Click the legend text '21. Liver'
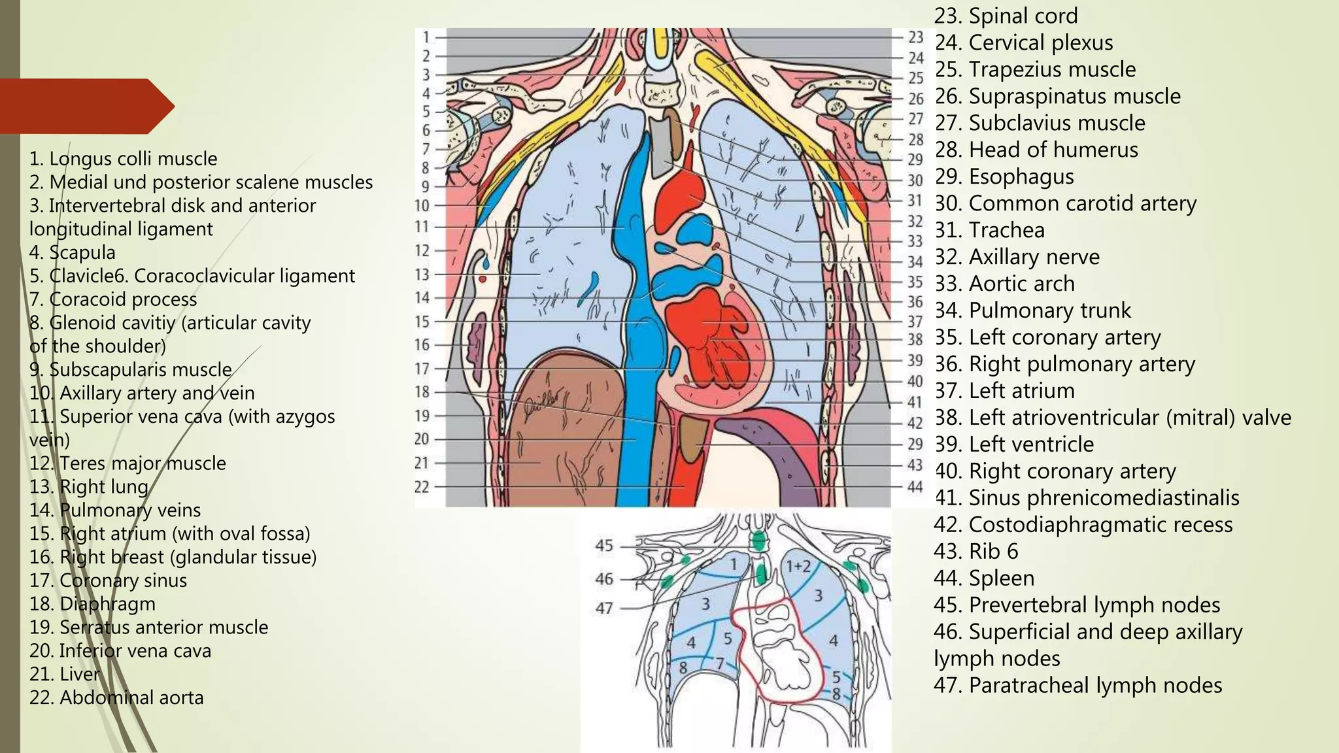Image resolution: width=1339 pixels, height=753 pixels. [65, 674]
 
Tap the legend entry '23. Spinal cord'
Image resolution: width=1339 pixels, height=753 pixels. [1006, 16]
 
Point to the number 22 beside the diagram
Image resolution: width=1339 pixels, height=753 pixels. [422, 487]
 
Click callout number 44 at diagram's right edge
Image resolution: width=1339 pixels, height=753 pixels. [915, 486]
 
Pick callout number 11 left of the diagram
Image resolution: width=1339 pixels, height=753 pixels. [422, 227]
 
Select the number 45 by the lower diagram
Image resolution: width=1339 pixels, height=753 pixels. [604, 545]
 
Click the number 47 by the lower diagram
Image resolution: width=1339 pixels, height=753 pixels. [604, 608]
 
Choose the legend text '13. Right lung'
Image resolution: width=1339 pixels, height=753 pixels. [89, 486]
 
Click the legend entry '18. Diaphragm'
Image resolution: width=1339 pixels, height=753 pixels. [92, 603]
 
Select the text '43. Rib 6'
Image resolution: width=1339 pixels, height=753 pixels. [975, 551]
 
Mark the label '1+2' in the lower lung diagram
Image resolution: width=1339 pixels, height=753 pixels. [798, 566]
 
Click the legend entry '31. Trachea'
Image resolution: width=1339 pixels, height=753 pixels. [989, 230]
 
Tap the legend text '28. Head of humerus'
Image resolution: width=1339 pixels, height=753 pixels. [1036, 150]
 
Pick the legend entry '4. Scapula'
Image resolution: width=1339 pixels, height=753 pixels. [72, 252]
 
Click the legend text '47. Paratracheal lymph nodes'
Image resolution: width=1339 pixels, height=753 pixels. [1077, 685]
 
